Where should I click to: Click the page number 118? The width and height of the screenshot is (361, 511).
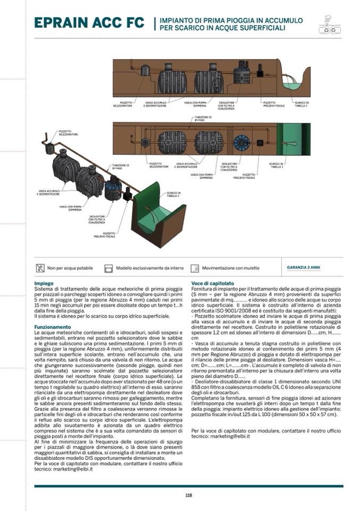188,495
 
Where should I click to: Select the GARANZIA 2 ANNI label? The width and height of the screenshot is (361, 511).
303,267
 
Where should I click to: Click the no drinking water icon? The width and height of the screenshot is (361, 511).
40,267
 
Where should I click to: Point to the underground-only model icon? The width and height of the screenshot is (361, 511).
109,267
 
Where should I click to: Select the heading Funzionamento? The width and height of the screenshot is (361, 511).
52,326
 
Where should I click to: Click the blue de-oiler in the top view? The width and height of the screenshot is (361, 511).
243,142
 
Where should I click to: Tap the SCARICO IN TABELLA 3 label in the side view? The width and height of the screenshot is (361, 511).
302,104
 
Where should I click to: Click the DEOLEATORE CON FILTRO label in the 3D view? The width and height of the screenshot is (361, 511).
96,218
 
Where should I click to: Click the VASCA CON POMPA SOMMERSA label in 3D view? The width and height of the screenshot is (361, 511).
71,208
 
